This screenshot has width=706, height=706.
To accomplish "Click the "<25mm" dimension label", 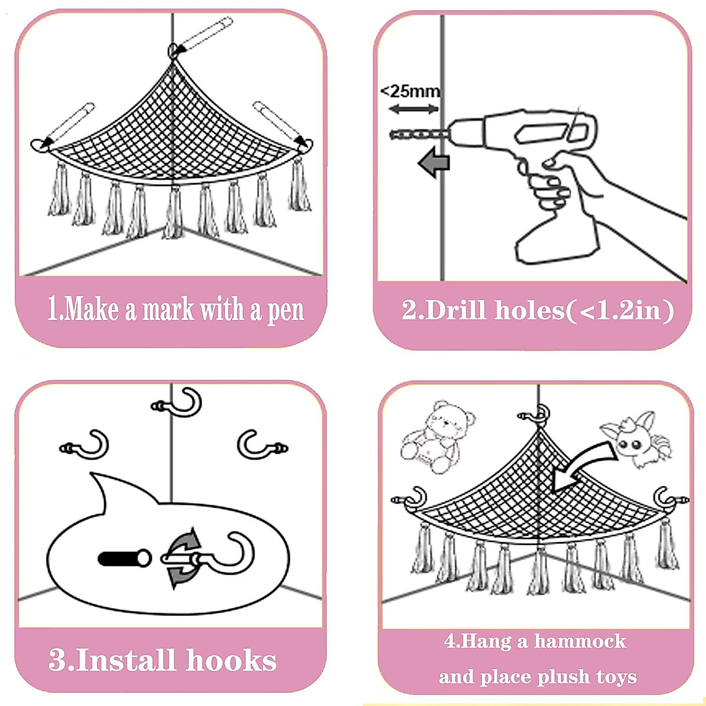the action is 410,91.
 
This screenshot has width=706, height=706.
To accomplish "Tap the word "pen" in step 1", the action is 285,310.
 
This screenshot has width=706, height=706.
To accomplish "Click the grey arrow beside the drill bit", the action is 434,162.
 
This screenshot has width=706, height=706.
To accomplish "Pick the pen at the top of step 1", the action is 199,36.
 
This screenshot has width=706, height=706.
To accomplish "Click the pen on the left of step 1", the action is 66,125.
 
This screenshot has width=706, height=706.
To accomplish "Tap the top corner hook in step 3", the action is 179,403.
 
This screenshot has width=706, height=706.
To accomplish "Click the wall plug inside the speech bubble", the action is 124,558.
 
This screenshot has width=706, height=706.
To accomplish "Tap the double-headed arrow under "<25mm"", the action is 414,109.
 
